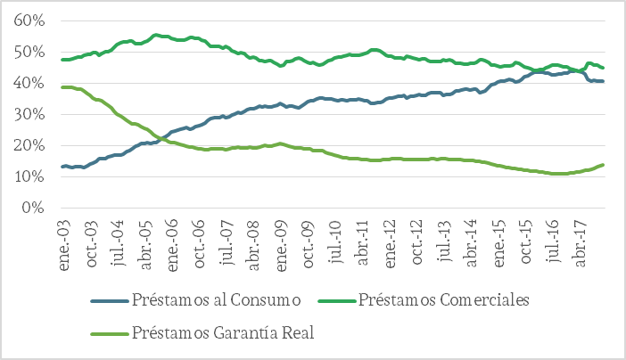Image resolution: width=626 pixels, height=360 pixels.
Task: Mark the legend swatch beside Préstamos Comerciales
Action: [341, 299]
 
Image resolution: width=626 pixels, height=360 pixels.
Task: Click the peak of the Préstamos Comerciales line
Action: [156, 35]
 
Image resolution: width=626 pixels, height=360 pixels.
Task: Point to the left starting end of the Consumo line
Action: [62, 167]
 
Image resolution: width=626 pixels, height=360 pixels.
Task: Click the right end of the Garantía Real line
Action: [604, 165]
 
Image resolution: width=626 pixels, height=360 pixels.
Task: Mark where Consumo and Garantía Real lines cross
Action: [161, 138]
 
